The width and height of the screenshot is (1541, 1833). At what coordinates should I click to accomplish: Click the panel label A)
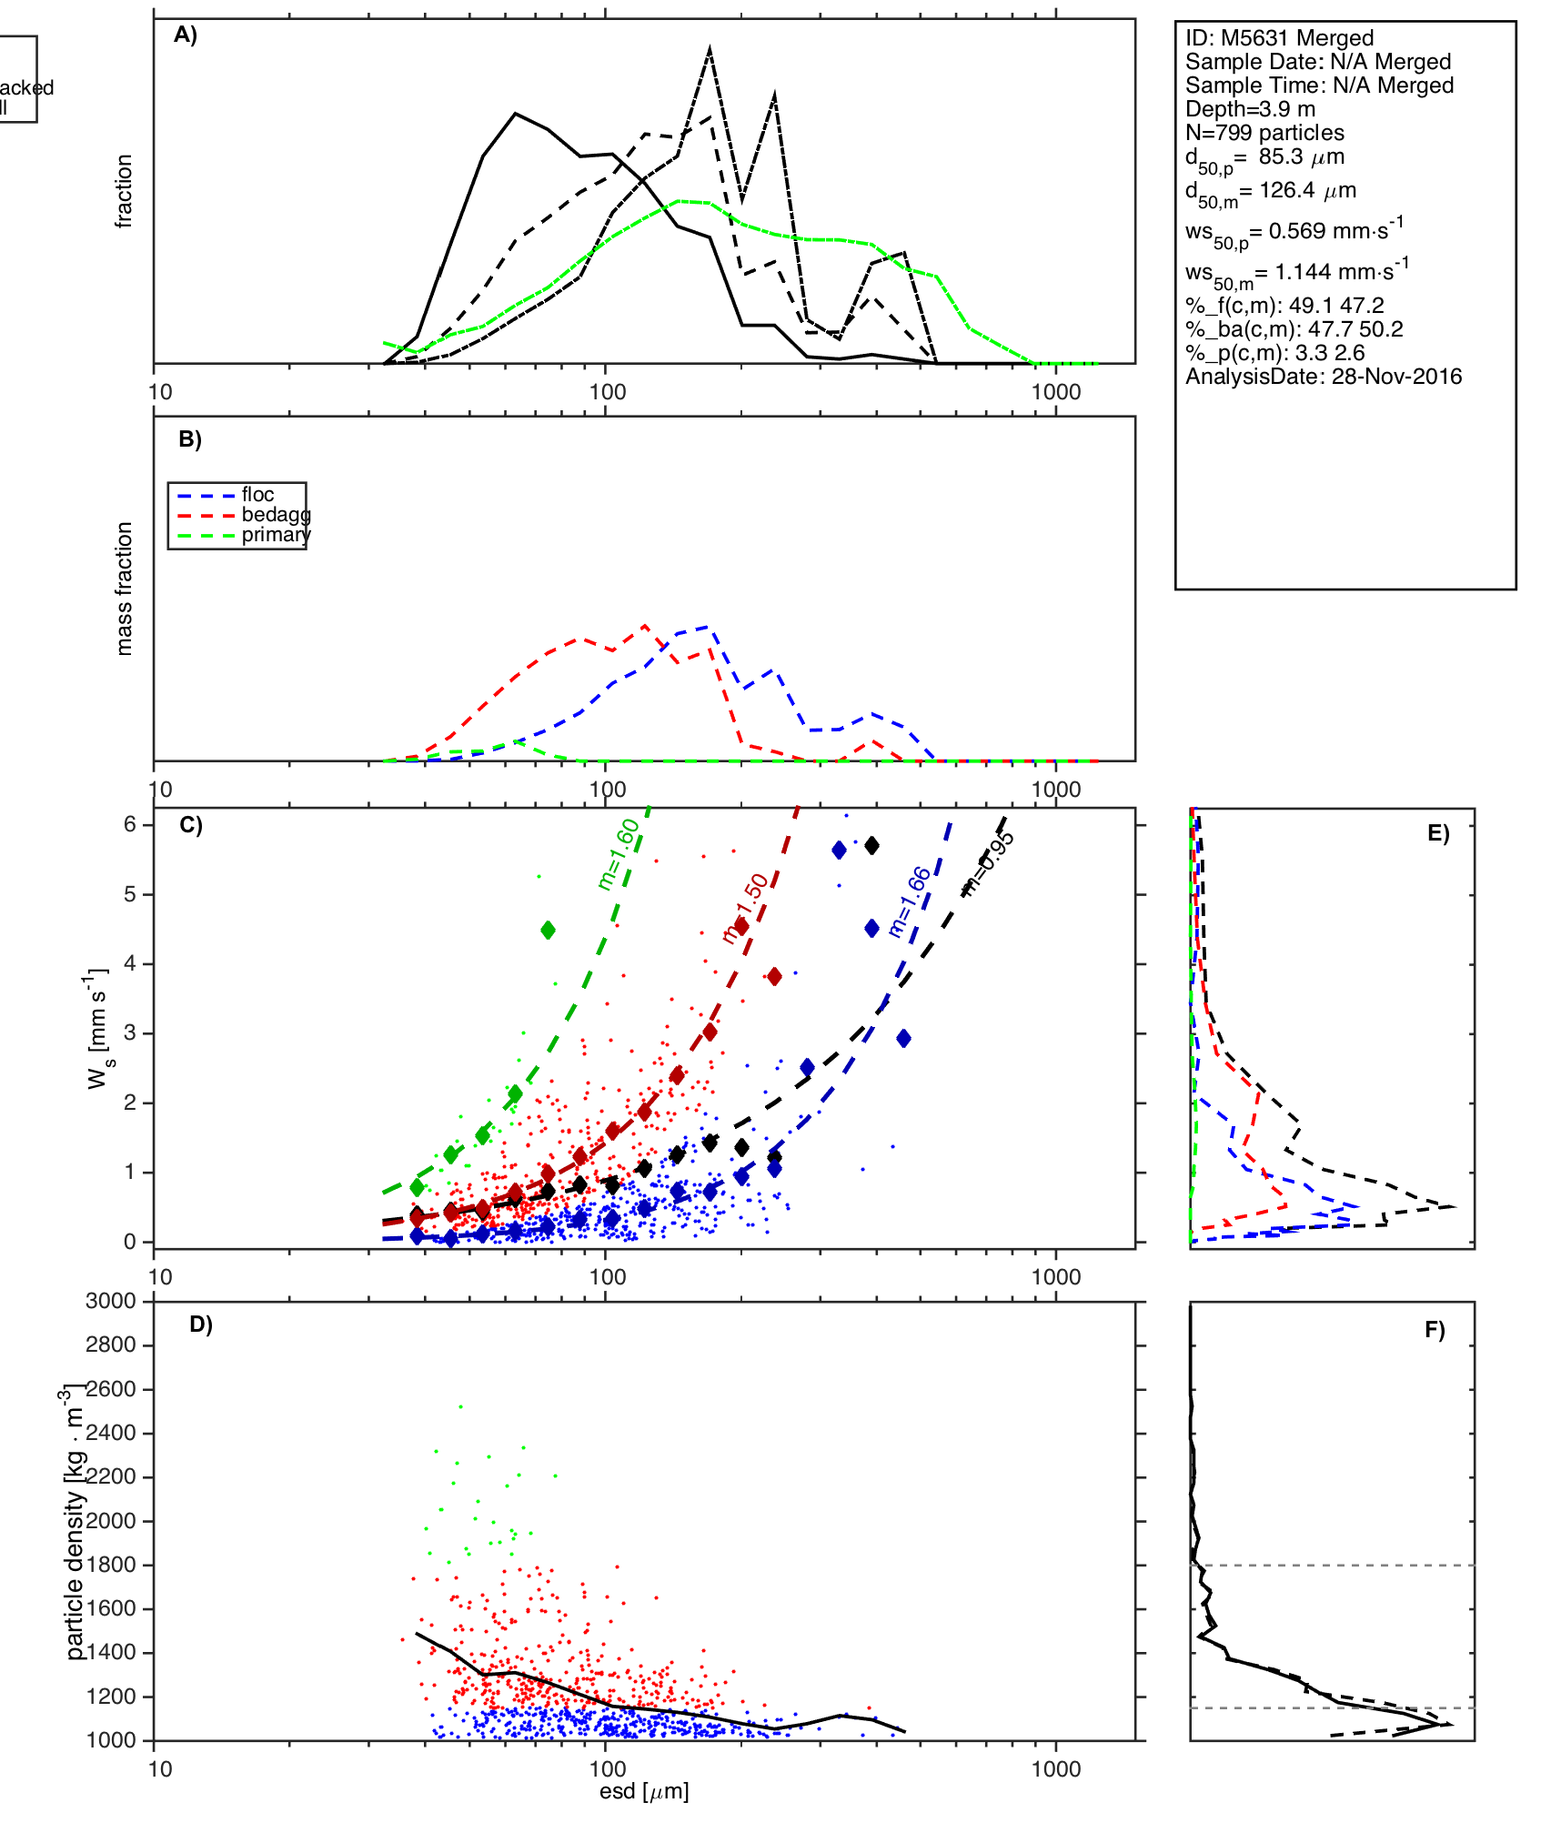click(x=186, y=35)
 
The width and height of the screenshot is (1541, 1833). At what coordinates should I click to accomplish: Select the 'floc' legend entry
click(x=257, y=495)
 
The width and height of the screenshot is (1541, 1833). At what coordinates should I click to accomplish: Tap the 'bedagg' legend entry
click(x=276, y=515)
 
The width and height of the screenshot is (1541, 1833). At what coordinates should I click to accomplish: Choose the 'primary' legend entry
click(x=276, y=535)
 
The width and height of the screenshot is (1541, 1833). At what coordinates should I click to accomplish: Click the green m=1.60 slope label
click(x=619, y=854)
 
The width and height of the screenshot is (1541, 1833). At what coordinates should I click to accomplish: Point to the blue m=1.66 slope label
click(x=910, y=902)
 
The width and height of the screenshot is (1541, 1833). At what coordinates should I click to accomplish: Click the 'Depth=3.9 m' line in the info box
click(x=1250, y=109)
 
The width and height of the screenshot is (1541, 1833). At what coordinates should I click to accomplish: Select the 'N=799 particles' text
click(x=1264, y=133)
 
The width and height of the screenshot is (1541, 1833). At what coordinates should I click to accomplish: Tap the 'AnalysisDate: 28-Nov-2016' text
click(x=1324, y=377)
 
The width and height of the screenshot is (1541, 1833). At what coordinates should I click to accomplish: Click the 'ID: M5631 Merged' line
click(x=1279, y=38)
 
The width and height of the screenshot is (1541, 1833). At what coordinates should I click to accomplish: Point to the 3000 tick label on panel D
click(x=110, y=1302)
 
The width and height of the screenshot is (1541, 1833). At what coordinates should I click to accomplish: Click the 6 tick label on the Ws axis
click(x=130, y=824)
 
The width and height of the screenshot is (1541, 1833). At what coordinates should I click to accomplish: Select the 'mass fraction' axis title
click(x=125, y=589)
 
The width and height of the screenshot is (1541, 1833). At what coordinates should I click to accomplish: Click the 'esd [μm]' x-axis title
click(x=644, y=1792)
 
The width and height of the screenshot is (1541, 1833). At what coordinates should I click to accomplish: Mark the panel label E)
click(x=1438, y=834)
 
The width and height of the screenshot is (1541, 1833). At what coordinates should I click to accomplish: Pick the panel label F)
click(x=1435, y=1331)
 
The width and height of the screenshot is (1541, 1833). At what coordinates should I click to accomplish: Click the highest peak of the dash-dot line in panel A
click(x=710, y=49)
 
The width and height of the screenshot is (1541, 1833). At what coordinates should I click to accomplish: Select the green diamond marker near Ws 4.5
click(x=548, y=930)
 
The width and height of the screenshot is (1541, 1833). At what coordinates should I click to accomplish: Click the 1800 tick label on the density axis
click(x=110, y=1565)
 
